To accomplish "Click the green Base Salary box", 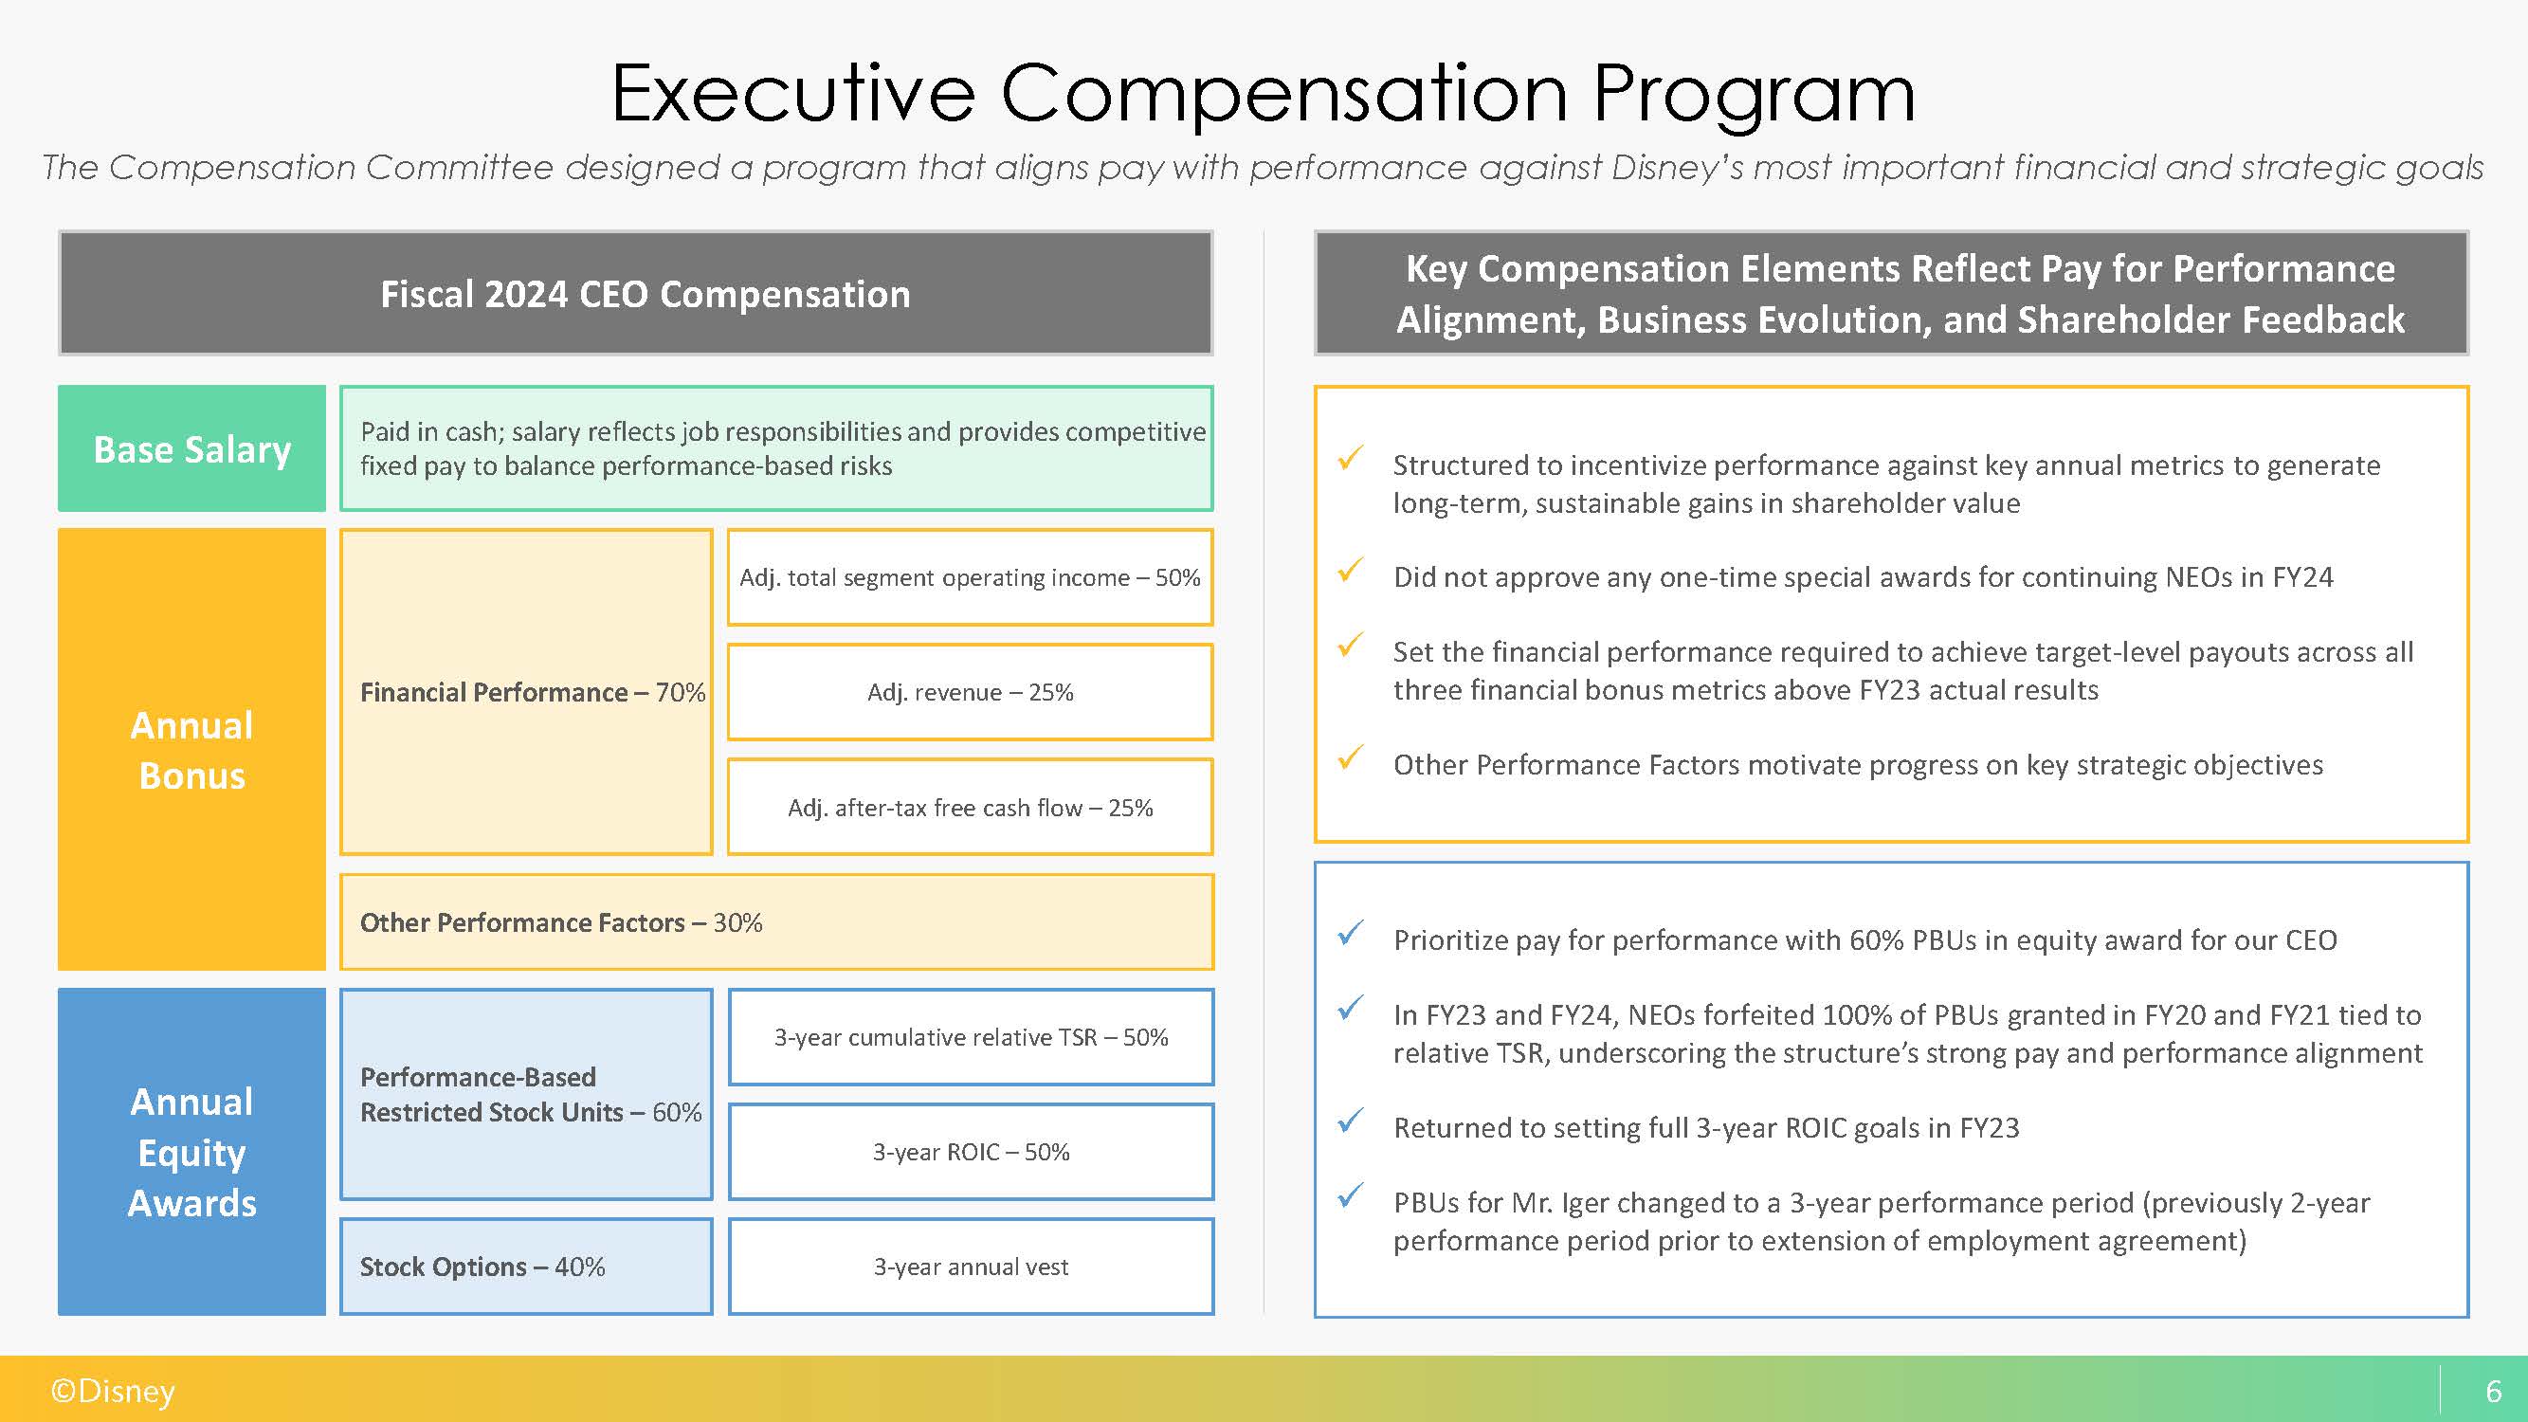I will click(x=191, y=448).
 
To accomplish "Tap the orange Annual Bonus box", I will click(x=191, y=750).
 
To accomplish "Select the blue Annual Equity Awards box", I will click(x=191, y=1151).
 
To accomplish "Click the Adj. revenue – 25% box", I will click(x=970, y=692).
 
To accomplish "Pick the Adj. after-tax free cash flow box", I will click(x=970, y=807).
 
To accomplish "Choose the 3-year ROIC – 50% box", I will click(x=971, y=1151).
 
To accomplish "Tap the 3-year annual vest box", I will click(x=971, y=1266).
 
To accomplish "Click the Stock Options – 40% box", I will click(x=526, y=1266).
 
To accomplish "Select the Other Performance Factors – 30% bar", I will click(x=776, y=921).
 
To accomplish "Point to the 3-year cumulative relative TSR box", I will click(x=971, y=1036).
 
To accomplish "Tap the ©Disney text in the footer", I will click(x=113, y=1391).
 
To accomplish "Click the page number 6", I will click(x=2494, y=1391).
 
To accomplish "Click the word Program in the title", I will click(x=1753, y=95).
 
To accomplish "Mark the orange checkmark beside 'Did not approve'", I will click(x=1352, y=569).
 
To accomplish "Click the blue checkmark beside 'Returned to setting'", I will click(x=1352, y=1120).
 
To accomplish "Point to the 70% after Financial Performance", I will click(x=680, y=692).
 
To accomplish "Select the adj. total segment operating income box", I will click(x=970, y=577).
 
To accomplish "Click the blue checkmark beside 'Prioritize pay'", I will click(x=1352, y=932).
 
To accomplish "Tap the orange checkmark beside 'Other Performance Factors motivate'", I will click(x=1352, y=757).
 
